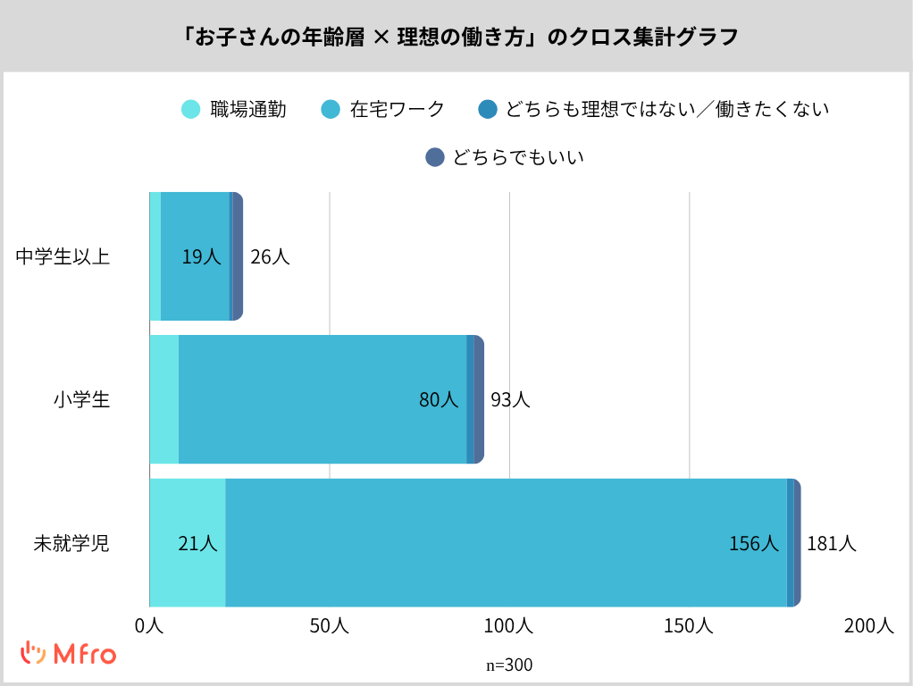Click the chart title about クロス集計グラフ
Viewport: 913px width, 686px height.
[x=456, y=38]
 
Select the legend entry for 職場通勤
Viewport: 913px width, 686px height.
[x=233, y=110]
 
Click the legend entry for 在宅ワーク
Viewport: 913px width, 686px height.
[x=382, y=110]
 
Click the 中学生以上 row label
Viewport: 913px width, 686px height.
[x=63, y=257]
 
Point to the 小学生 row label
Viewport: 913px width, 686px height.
[x=81, y=400]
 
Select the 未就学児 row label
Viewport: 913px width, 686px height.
[x=71, y=543]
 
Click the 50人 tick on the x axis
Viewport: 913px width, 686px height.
[x=329, y=626]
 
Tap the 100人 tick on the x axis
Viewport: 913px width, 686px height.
[x=508, y=626]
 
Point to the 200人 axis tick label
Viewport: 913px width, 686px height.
[x=868, y=626]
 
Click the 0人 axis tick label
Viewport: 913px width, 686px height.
[x=149, y=626]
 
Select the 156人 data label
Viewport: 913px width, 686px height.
[x=754, y=543]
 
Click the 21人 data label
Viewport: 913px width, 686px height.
[x=197, y=543]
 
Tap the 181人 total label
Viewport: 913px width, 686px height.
[x=832, y=543]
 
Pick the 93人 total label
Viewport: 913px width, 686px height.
[x=510, y=400]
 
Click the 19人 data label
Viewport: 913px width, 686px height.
[x=201, y=257]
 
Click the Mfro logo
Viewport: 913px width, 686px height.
[x=69, y=654]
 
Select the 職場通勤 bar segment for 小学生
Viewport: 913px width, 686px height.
[x=163, y=399]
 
